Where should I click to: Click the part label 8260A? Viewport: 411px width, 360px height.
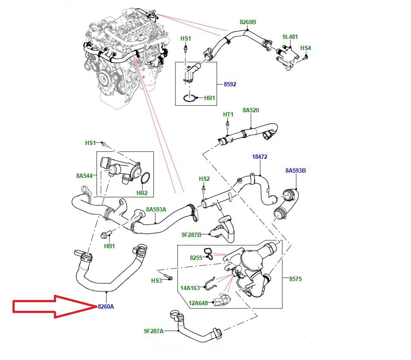point(106,306)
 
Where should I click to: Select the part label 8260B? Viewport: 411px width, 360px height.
point(248,22)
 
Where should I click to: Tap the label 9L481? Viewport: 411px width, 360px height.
point(290,37)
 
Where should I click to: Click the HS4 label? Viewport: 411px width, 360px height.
point(305,48)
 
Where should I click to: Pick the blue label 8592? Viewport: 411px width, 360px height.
point(230,84)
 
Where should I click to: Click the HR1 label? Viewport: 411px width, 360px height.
point(210,98)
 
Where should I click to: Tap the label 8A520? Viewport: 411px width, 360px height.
point(251,110)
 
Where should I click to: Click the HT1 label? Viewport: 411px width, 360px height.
point(228,114)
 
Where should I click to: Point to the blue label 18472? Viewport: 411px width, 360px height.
point(260,157)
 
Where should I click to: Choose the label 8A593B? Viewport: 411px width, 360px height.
point(296,171)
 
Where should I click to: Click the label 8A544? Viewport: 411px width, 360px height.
point(85,176)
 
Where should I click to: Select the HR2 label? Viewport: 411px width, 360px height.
point(142,193)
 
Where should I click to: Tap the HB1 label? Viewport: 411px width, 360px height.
point(109,246)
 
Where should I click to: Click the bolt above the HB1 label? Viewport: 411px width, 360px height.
point(106,234)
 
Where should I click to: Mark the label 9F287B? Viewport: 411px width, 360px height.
point(191,235)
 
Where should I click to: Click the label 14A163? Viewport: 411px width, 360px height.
point(190,288)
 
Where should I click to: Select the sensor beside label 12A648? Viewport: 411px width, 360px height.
point(222,300)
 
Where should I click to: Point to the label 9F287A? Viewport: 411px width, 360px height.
point(154,331)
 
